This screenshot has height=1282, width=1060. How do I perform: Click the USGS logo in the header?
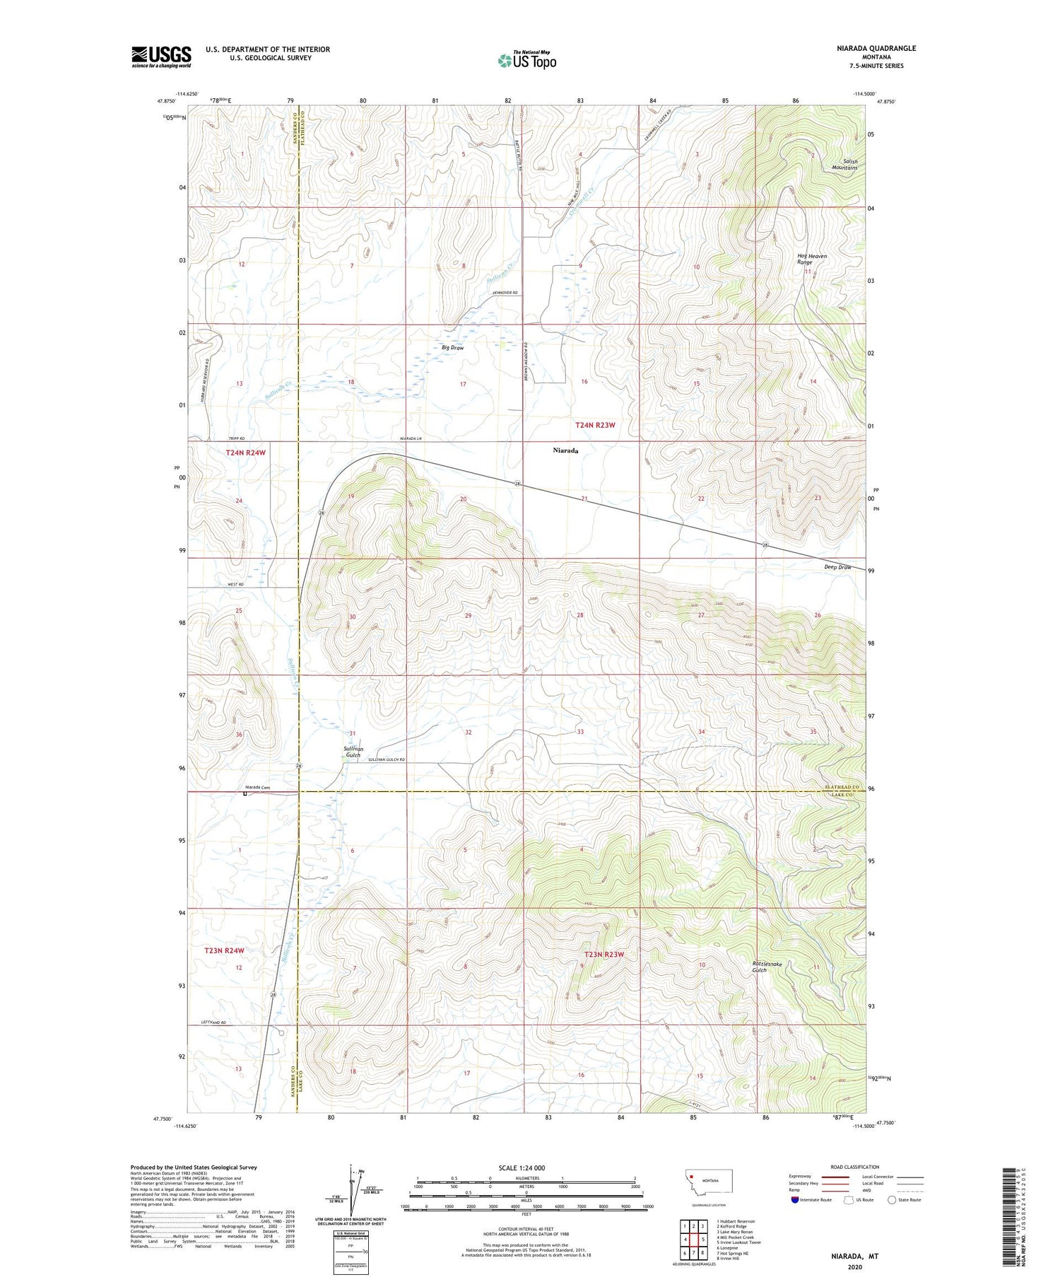point(161,57)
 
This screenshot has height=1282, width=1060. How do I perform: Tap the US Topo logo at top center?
point(526,60)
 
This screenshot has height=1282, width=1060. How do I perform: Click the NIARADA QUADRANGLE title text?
point(873,48)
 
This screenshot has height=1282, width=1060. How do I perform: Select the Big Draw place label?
point(452,348)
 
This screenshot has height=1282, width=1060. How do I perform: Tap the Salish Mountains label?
point(844,165)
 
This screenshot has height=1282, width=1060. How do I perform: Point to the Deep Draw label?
point(837,567)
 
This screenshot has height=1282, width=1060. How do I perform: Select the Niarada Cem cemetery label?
point(258,787)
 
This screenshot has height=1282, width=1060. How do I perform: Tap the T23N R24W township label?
point(225,950)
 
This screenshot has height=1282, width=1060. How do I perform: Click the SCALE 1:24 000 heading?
point(526,1167)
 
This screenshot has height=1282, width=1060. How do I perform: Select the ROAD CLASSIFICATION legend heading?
point(854,1167)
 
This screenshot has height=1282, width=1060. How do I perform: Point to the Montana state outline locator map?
point(708,1182)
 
